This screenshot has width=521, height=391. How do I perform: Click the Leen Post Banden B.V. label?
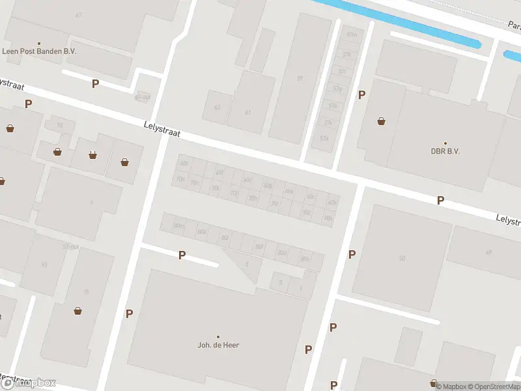(38, 51)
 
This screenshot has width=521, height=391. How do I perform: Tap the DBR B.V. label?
(445, 151)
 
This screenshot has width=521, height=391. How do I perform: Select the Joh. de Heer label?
(218, 345)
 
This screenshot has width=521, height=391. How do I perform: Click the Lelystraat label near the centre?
(162, 128)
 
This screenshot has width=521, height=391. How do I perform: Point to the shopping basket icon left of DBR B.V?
(381, 121)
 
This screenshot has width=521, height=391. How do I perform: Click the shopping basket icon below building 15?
(78, 311)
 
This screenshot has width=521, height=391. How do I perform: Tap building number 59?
(300, 79)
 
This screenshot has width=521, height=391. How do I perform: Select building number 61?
(248, 112)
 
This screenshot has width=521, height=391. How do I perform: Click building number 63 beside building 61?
(217, 107)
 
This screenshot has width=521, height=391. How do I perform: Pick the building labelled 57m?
(352, 35)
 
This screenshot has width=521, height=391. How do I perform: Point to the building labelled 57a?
(324, 138)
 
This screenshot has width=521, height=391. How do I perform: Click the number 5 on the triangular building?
(247, 264)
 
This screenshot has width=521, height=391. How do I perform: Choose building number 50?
(402, 259)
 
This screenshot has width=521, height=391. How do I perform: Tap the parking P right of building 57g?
(361, 95)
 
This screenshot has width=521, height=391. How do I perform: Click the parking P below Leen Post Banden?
(95, 83)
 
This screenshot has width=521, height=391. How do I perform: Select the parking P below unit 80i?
(182, 255)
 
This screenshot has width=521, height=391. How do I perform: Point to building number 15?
(86, 291)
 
